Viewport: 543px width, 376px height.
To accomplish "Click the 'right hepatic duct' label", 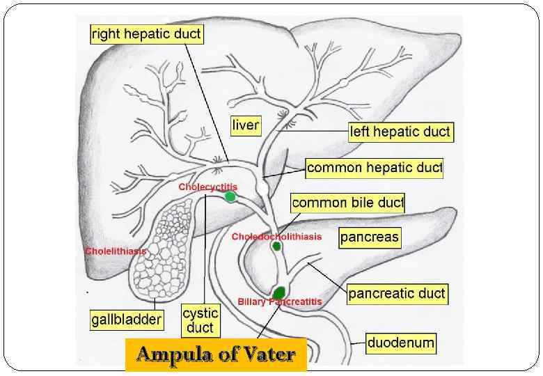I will [146, 34].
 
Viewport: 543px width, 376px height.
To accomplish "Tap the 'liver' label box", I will [245, 125].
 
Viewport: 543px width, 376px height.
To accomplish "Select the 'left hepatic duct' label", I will [400, 132].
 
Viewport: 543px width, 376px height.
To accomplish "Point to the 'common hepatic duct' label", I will [375, 168].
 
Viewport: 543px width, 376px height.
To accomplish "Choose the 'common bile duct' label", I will [347, 203].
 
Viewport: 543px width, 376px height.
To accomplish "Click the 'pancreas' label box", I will [370, 237].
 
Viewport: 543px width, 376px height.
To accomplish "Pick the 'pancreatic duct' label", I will [397, 294].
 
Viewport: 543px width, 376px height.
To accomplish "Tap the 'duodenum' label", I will [401, 343].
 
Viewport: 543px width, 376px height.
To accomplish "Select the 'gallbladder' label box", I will [127, 320].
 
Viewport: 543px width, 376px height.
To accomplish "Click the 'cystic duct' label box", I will [200, 321].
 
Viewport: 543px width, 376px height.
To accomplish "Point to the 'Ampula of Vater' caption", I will [216, 354].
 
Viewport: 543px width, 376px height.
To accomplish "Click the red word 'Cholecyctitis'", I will [207, 187].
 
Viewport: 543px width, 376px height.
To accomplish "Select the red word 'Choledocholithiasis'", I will [276, 237].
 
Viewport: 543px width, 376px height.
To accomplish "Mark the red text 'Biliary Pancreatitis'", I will [279, 302].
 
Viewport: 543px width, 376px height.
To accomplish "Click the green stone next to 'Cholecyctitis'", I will [230, 197].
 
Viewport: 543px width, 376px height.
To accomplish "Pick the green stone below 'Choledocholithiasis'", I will [276, 246].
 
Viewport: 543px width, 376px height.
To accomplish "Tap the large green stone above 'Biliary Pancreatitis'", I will [280, 291].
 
